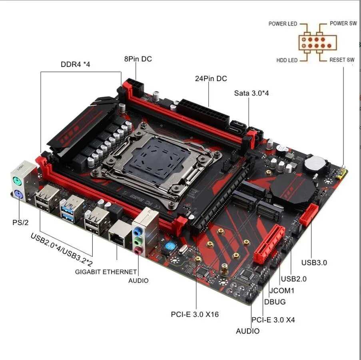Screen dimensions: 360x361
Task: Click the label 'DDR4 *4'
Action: point(76,64)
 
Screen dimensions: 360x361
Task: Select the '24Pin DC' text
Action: point(211,79)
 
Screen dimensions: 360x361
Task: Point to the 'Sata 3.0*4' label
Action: point(251,93)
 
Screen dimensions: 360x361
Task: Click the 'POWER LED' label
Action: point(283,24)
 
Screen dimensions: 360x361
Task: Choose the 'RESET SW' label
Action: point(342,60)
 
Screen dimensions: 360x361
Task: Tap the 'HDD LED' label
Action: point(287,60)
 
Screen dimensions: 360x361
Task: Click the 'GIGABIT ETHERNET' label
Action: point(106,272)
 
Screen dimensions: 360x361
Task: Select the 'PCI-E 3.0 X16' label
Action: point(195,314)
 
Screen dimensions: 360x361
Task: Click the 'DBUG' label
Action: point(275,302)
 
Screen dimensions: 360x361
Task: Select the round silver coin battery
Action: point(312,163)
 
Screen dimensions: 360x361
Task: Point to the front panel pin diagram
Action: point(317,42)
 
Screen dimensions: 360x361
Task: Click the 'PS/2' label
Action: point(20,222)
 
